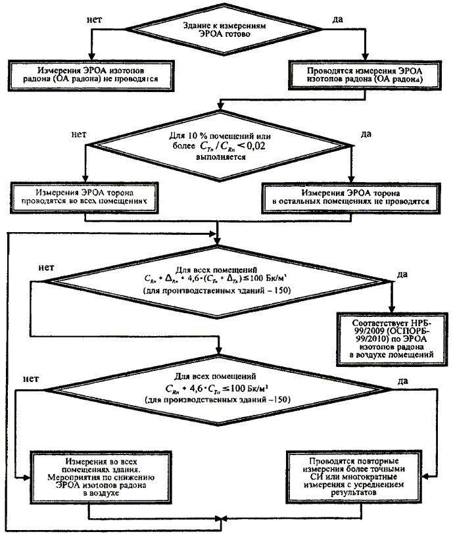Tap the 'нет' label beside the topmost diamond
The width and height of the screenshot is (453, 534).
click(94, 20)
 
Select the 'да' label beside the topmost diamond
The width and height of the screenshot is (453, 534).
click(338, 20)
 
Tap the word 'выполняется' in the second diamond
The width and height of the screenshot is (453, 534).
click(221, 158)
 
